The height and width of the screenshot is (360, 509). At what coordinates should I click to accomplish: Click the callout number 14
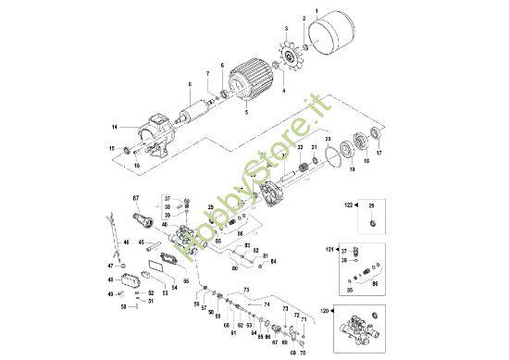click(114, 127)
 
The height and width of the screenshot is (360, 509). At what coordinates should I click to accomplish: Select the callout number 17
click(378, 154)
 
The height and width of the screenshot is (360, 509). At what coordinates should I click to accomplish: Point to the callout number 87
click(135, 199)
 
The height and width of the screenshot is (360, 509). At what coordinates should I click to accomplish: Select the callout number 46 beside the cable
click(127, 242)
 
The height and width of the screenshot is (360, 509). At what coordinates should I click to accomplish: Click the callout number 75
click(246, 290)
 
